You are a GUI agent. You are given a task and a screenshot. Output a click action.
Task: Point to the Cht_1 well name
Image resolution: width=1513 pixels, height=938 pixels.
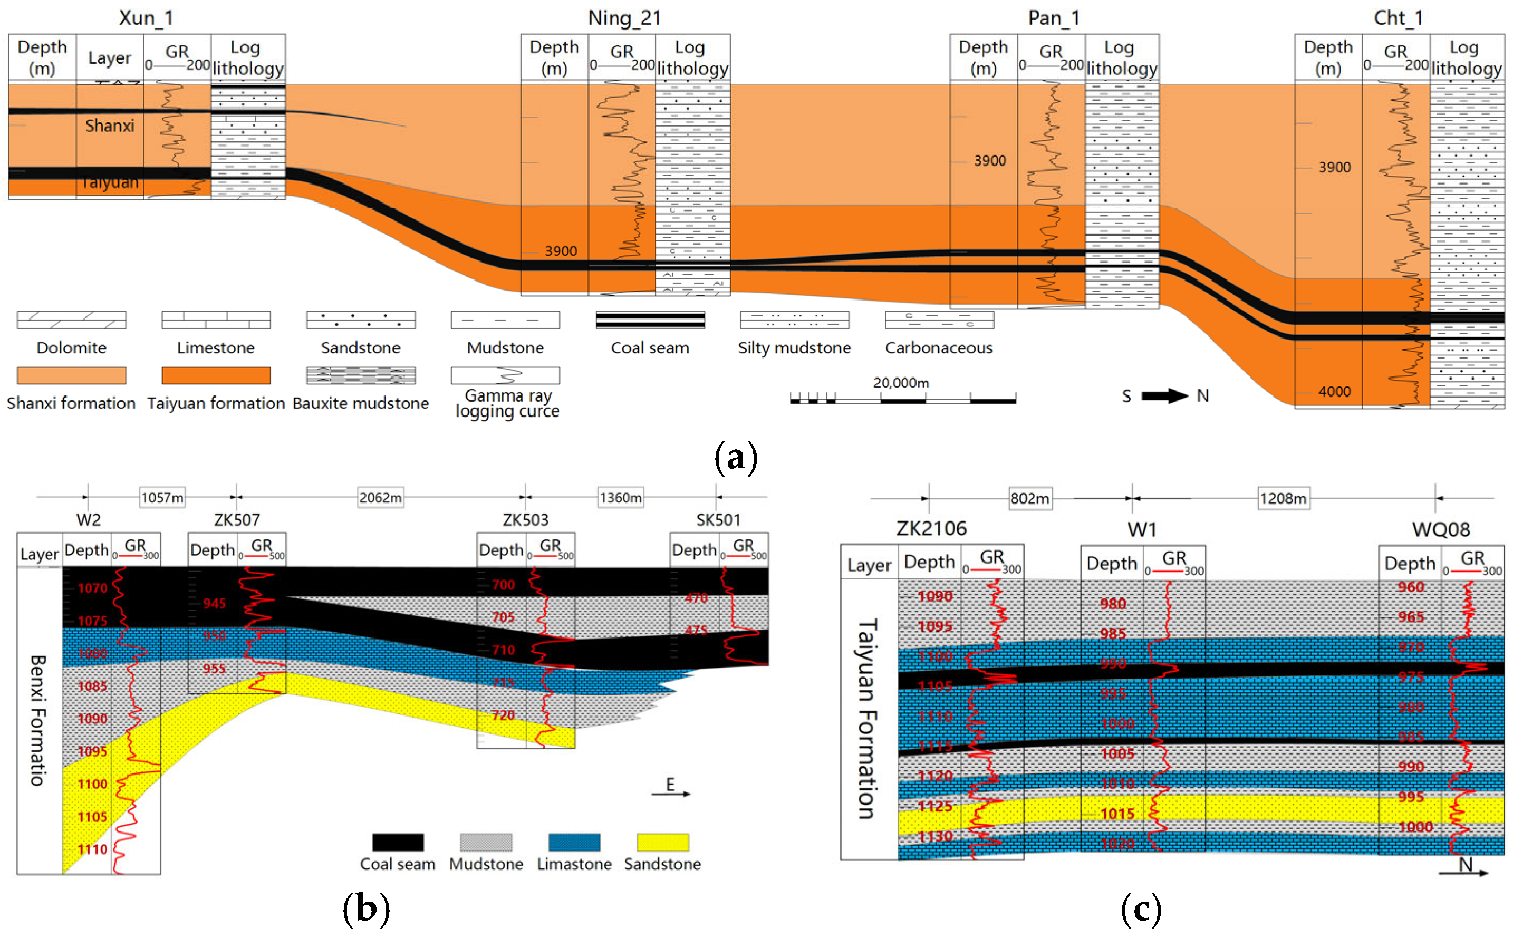click(1398, 18)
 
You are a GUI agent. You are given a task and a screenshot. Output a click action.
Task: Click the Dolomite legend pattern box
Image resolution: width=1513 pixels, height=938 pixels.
click(71, 320)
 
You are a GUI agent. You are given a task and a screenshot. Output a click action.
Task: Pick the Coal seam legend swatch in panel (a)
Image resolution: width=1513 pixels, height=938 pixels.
click(650, 320)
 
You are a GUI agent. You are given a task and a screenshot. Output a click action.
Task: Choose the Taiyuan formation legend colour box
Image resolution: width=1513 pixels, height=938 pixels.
click(216, 375)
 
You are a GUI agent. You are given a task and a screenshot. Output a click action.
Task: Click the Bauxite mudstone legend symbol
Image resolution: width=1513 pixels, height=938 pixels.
click(360, 375)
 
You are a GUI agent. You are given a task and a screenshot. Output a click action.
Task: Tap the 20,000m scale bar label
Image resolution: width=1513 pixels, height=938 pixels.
click(901, 383)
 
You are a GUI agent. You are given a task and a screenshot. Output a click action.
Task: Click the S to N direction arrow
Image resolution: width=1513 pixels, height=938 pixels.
click(1164, 396)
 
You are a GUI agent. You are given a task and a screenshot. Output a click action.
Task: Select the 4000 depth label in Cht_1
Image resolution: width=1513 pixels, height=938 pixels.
click(1334, 391)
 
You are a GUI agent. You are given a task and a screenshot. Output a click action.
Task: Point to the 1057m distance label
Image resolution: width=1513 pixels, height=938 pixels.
click(162, 498)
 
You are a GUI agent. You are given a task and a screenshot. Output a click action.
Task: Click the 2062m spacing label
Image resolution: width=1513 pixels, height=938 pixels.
click(380, 498)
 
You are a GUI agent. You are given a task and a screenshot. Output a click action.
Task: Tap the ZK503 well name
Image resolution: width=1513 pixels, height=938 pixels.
click(525, 520)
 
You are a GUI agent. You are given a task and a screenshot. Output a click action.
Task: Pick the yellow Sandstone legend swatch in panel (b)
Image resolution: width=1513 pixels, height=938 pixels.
click(662, 842)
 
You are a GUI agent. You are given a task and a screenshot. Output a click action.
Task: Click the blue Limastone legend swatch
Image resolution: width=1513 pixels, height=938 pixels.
click(574, 842)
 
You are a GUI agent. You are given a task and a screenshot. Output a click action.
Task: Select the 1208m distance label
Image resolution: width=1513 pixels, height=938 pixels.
click(1283, 498)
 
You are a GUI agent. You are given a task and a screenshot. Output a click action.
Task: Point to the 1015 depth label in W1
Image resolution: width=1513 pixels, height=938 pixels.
click(1117, 814)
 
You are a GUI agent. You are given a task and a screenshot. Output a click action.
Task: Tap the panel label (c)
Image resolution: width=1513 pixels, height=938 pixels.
click(1141, 909)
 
